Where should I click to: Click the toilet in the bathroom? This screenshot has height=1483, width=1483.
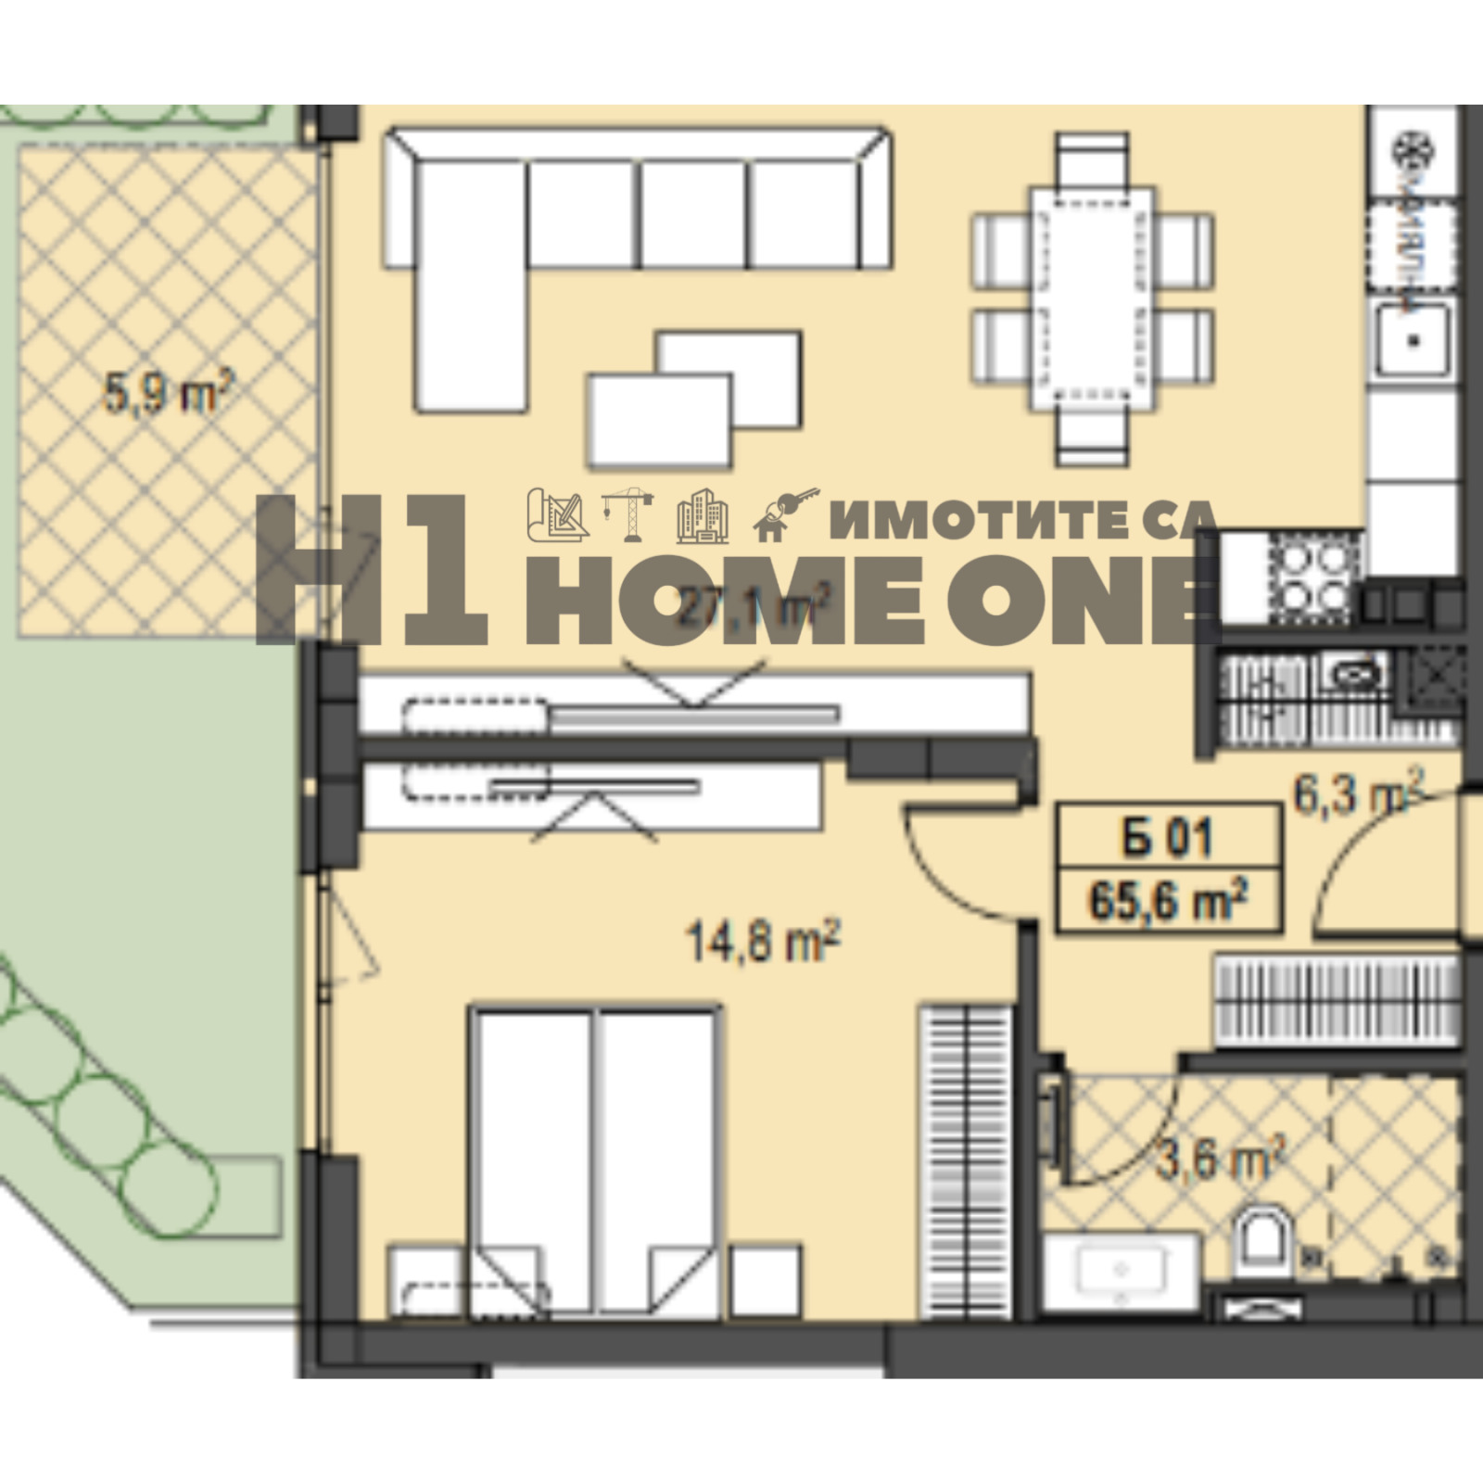click(x=1263, y=1241)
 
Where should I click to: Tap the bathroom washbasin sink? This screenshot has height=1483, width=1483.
click(x=1122, y=1269)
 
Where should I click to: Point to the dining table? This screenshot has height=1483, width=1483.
click(x=1092, y=298)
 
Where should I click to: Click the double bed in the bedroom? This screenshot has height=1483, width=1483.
click(x=593, y=1159)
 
